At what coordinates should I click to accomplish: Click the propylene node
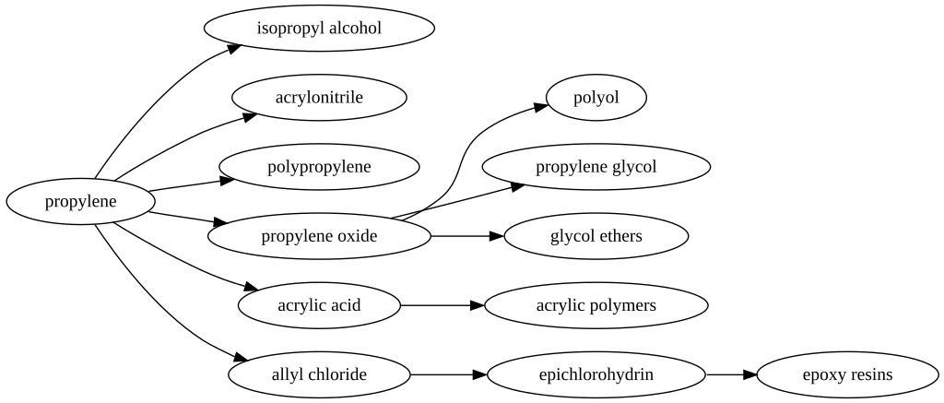coord(80,202)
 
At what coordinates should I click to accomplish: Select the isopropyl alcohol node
coord(319,28)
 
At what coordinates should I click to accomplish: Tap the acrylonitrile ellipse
coord(319,97)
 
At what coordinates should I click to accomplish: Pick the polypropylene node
coord(319,167)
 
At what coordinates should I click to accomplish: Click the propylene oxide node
coord(319,236)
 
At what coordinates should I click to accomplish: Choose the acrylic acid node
coord(319,305)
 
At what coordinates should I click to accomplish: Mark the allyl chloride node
coord(319,374)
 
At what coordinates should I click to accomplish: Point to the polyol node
coord(596,97)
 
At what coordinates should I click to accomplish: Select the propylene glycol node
coord(596,167)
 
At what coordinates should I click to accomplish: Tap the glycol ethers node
coord(596,236)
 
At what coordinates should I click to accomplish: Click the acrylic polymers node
coord(596,305)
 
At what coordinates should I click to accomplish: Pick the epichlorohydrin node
coord(596,374)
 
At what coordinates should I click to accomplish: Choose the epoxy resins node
coord(847,374)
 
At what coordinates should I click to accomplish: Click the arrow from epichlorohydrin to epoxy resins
coord(731,374)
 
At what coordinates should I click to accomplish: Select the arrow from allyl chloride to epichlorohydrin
coord(448,374)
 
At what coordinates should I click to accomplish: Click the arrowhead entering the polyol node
coord(541,107)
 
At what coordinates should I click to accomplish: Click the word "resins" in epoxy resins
coord(869,374)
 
